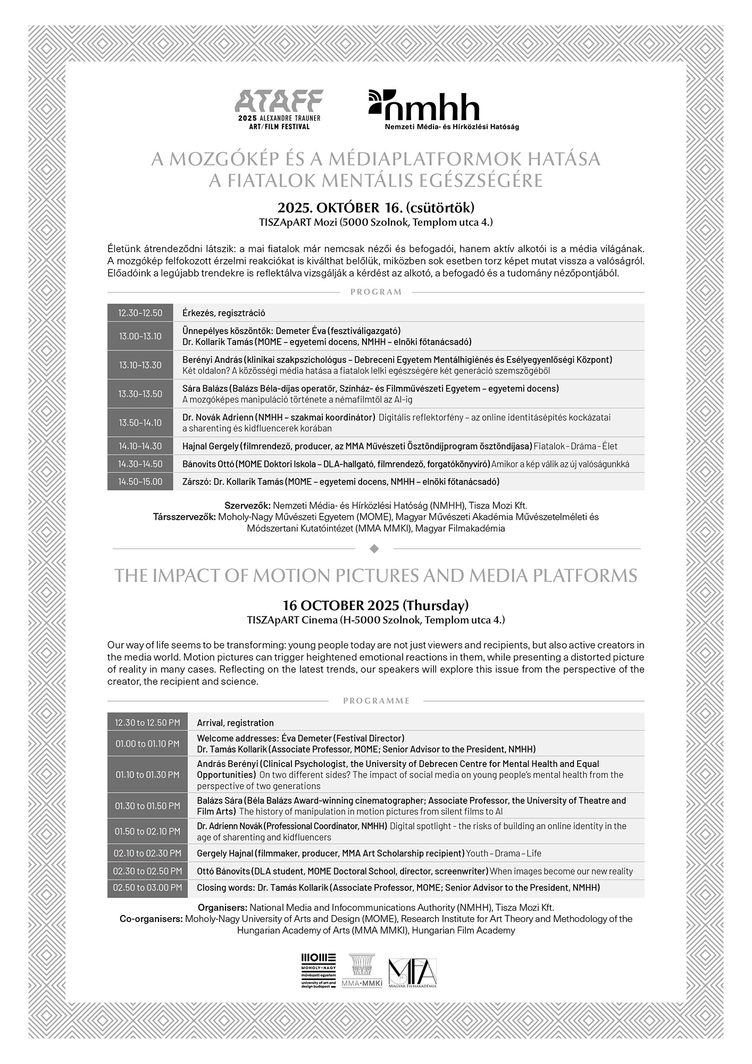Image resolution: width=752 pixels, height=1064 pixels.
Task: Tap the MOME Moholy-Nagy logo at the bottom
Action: [x=319, y=969]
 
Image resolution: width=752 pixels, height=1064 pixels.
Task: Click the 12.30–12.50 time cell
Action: [x=140, y=313]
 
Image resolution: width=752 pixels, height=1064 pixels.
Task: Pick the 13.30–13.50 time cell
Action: [x=140, y=394]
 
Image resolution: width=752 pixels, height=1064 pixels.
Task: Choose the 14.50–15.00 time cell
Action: [x=140, y=481]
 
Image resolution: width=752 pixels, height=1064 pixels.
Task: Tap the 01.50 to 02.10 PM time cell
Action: [x=147, y=831]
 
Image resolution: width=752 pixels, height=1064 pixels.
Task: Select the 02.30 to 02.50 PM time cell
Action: [x=147, y=871]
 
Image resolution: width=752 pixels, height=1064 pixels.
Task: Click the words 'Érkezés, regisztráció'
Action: [x=223, y=313]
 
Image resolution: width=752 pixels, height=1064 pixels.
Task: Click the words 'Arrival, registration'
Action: [x=235, y=722]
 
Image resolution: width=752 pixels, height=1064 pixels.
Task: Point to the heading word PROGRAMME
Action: [x=376, y=701]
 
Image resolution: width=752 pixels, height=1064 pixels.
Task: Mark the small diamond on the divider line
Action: [x=374, y=548]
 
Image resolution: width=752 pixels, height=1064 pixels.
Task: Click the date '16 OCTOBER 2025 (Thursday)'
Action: [x=375, y=605]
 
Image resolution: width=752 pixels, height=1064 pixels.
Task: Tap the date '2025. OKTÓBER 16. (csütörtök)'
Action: [x=375, y=207]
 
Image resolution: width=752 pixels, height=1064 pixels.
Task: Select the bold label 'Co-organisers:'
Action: [x=151, y=919]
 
